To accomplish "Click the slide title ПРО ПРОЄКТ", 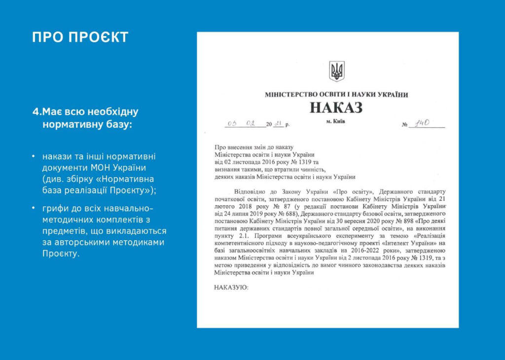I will pyautogui.click(x=80, y=37).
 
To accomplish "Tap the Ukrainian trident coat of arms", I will pyautogui.click(x=337, y=71).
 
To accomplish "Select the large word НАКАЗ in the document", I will pyautogui.click(x=336, y=107).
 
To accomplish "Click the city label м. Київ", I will pyautogui.click(x=336, y=121).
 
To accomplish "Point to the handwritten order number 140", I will pyautogui.click(x=423, y=123).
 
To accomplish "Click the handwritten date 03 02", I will pyautogui.click(x=241, y=123).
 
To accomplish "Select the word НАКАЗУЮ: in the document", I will pyautogui.click(x=231, y=287).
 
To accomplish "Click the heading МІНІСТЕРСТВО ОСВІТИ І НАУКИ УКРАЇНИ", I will pyautogui.click(x=336, y=94).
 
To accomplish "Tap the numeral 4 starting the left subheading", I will pyautogui.click(x=35, y=112).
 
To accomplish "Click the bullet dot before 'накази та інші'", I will pyautogui.click(x=34, y=157).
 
